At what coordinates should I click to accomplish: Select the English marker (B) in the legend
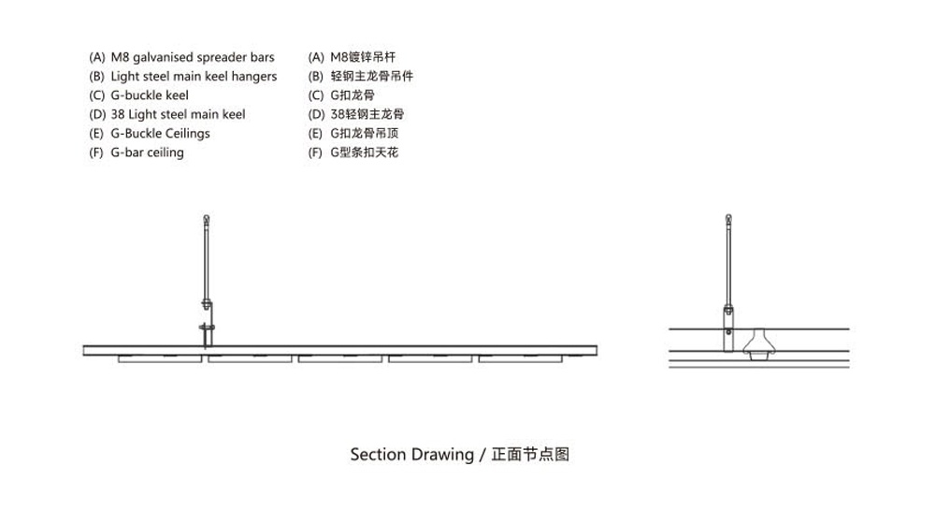click(x=96, y=77)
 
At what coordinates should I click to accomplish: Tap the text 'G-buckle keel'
click(x=150, y=95)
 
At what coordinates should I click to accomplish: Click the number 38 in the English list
click(x=118, y=114)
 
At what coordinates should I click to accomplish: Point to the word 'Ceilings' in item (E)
click(x=184, y=133)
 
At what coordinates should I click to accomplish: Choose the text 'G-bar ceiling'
click(x=147, y=153)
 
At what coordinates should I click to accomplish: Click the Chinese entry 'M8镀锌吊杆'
click(x=356, y=57)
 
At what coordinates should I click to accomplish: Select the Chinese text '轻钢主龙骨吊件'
click(x=371, y=77)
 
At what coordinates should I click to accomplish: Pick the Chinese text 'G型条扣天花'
click(x=364, y=153)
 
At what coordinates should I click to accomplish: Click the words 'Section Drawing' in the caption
click(x=411, y=455)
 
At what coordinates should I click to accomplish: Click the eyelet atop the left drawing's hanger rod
click(x=206, y=221)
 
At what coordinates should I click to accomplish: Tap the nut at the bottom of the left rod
click(x=206, y=302)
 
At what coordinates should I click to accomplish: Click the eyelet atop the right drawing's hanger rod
click(x=728, y=222)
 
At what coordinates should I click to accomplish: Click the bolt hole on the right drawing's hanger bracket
click(x=729, y=330)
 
